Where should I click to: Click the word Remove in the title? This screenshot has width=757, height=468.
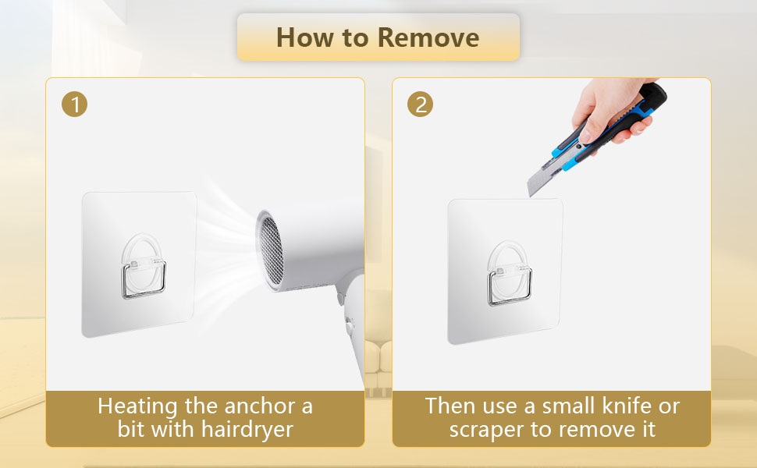click(428, 37)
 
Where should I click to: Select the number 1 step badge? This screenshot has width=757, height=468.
click(74, 105)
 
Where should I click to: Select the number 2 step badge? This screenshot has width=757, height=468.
click(421, 105)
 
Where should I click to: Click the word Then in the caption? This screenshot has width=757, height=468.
click(451, 406)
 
